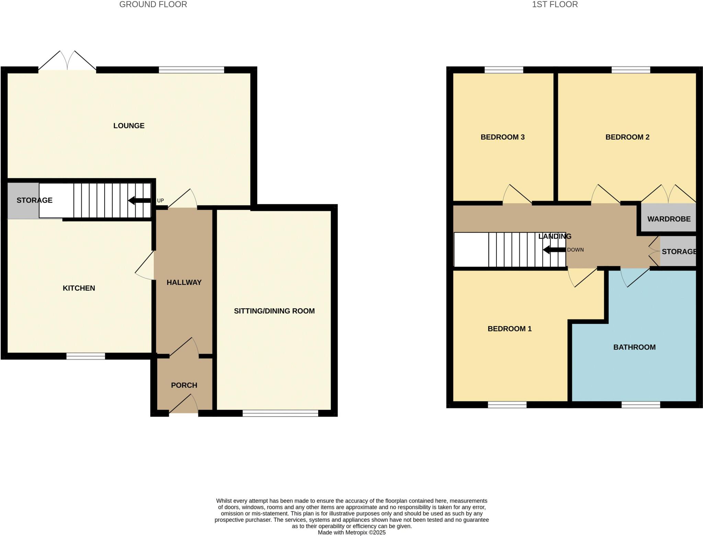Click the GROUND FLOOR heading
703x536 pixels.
pos(153,4)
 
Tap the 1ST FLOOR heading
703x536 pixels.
pos(555,4)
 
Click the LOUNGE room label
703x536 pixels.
pos(129,126)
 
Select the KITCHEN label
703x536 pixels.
pos(79,288)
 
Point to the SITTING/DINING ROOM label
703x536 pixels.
pos(274,311)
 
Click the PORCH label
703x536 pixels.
pos(184,385)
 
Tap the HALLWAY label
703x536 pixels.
pos(184,282)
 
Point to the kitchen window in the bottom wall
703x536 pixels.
pos(86,356)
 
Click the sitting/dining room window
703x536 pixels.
pos(280,413)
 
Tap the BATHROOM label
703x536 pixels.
pos(634,347)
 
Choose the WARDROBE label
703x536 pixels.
pos(669,219)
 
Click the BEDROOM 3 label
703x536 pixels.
pos(503,137)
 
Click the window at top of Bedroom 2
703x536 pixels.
pos(631,70)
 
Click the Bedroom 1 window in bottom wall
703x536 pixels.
pos(507,405)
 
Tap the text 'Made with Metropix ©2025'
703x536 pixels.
pos(351,533)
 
